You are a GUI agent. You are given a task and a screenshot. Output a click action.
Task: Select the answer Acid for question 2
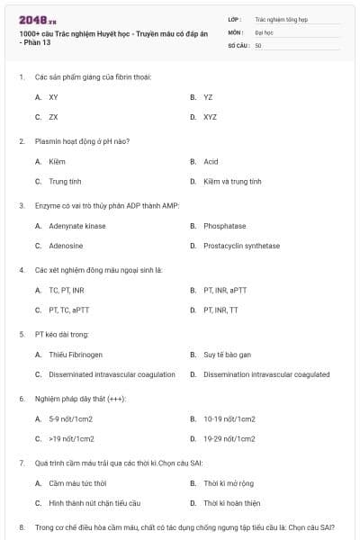tap(211, 161)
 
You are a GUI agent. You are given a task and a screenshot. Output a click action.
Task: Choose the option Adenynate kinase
tap(71, 226)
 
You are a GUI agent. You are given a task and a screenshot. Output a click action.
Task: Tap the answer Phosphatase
tap(224, 226)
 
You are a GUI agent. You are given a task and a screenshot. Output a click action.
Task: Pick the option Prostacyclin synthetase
tap(241, 246)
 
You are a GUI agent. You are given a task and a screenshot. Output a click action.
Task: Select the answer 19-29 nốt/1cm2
tap(229, 438)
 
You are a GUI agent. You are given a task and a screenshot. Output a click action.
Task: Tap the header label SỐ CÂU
tap(236, 45)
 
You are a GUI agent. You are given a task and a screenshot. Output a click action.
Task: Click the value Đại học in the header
tap(265, 31)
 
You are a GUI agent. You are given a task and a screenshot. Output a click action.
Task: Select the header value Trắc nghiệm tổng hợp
tap(282, 18)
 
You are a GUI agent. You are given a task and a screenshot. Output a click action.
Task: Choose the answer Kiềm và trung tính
tap(232, 181)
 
